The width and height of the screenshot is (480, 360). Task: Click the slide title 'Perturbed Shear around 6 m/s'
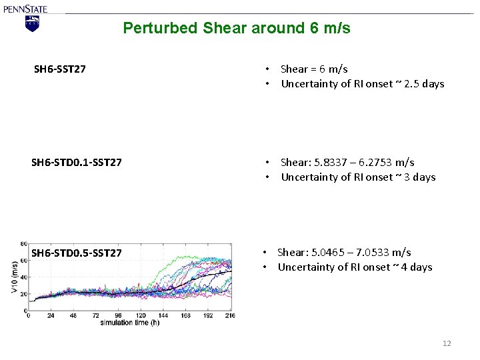click(x=237, y=28)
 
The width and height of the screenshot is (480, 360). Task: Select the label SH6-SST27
click(x=59, y=69)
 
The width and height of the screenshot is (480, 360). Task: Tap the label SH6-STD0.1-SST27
click(x=77, y=162)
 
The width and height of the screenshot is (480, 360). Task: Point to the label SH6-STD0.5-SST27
click(x=77, y=253)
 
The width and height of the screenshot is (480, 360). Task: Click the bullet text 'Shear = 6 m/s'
click(x=314, y=69)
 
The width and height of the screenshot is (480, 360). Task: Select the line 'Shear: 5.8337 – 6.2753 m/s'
click(x=347, y=162)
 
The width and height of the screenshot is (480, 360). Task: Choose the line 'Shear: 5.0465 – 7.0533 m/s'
click(x=344, y=252)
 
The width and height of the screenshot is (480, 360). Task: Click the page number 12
click(x=447, y=343)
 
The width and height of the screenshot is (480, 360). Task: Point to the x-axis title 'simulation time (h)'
click(x=131, y=323)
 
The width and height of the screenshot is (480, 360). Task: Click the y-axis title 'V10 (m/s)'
click(x=15, y=277)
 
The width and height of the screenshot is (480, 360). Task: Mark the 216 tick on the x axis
click(x=229, y=315)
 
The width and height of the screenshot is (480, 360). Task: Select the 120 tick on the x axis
click(x=140, y=315)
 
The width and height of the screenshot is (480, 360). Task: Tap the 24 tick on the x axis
click(x=51, y=315)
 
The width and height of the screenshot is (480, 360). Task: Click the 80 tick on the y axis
click(x=24, y=244)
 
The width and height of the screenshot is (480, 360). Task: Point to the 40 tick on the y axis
click(x=24, y=277)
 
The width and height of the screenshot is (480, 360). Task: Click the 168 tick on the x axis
click(x=185, y=315)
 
